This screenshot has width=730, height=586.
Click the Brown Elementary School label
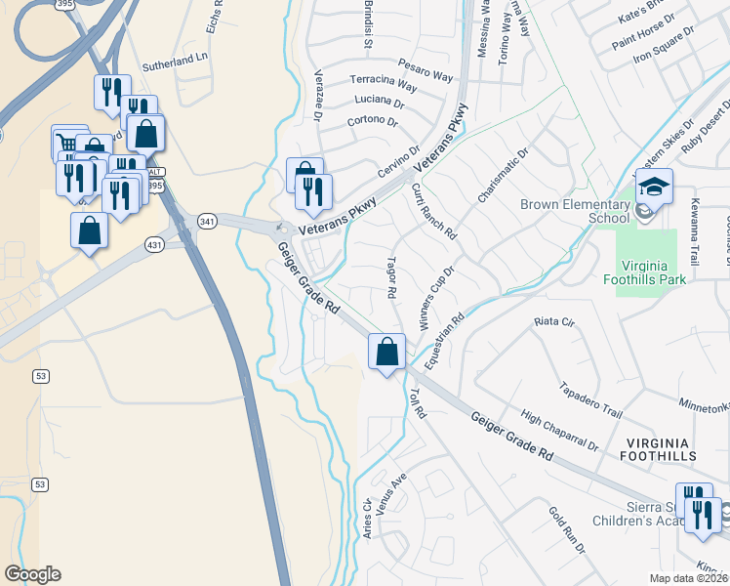pyautogui.click(x=575, y=211)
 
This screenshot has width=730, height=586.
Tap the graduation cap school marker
pyautogui.click(x=654, y=187)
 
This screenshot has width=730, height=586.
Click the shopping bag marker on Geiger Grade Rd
pyautogui.click(x=387, y=351)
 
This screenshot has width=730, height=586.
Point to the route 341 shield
pyautogui.click(x=206, y=222)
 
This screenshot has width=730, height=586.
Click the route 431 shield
pyautogui.click(x=154, y=244)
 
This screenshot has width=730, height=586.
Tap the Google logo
pyautogui.click(x=32, y=574)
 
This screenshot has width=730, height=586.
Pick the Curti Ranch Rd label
pyautogui.click(x=434, y=212)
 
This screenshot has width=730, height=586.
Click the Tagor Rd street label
pyautogui.click(x=392, y=277)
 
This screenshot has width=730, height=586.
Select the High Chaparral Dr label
pyautogui.click(x=559, y=431)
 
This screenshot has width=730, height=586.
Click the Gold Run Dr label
pyautogui.click(x=566, y=530)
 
